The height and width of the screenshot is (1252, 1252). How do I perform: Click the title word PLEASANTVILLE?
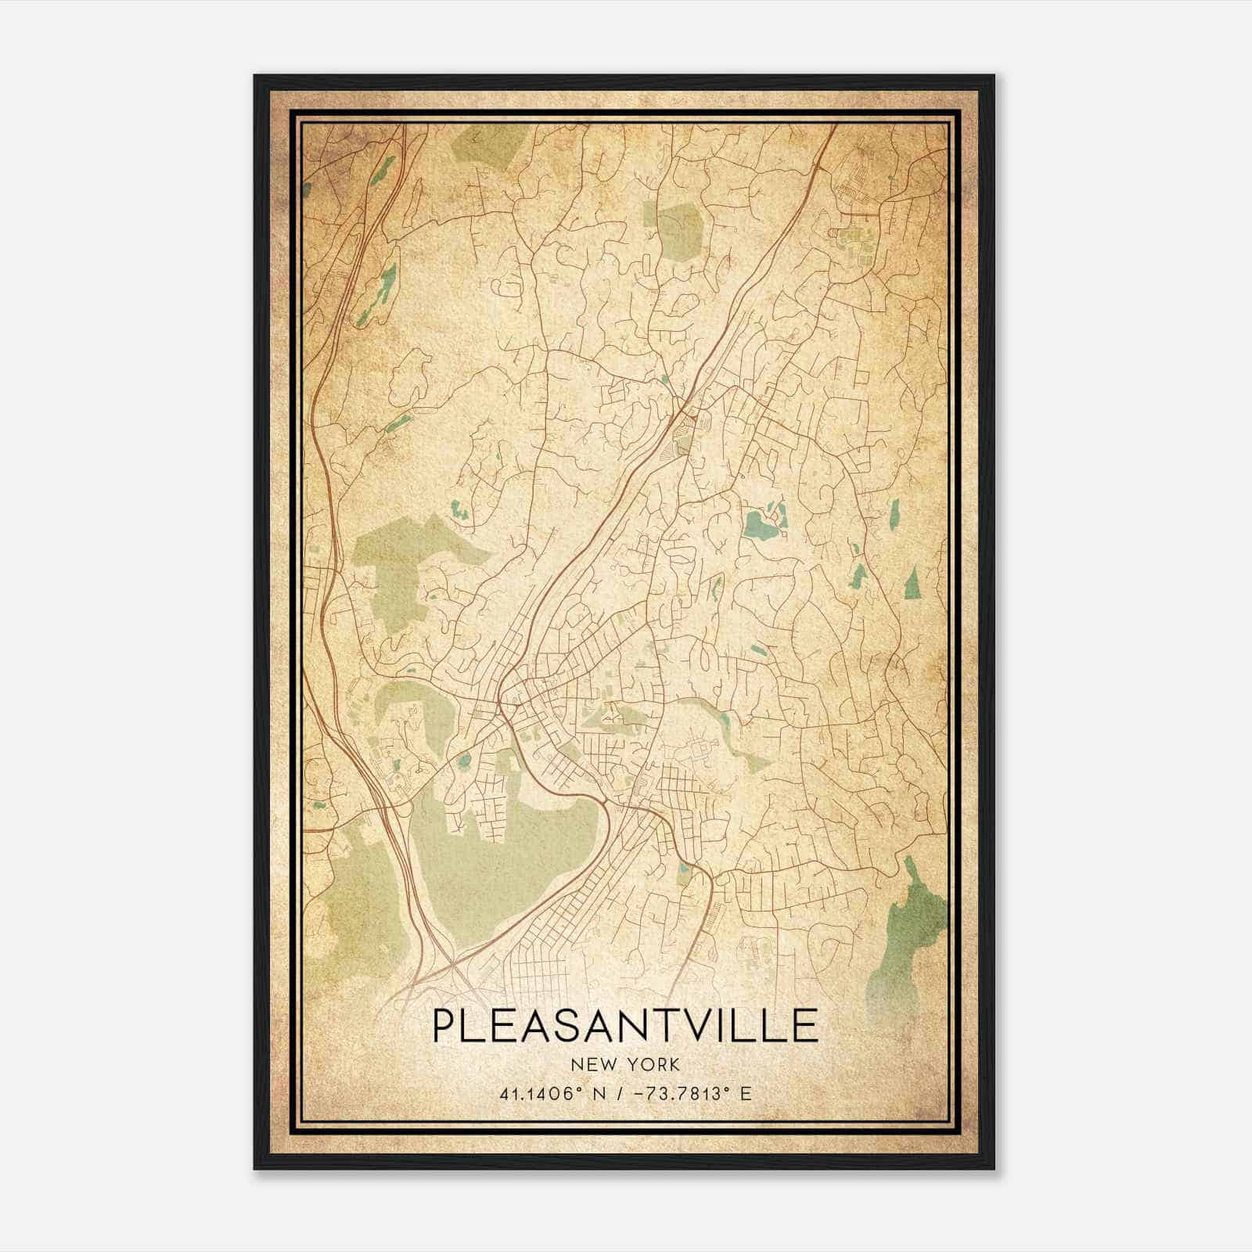(x=624, y=1026)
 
